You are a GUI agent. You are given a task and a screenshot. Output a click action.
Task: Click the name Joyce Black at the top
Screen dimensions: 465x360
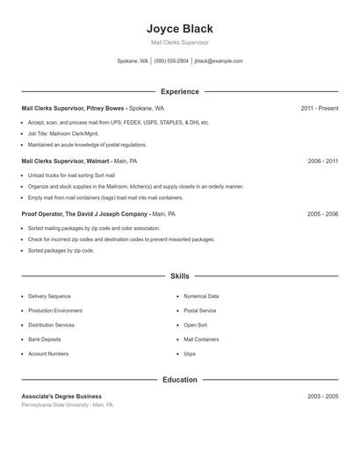coord(180,28)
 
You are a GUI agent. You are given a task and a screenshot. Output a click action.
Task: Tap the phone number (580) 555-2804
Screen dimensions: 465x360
coord(171,61)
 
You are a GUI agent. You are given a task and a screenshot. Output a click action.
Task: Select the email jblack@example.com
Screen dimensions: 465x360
coord(219,61)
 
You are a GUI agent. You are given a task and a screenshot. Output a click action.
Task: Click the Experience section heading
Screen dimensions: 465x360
coord(180,91)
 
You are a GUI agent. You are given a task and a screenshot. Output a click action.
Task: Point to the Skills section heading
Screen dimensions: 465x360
coord(180,275)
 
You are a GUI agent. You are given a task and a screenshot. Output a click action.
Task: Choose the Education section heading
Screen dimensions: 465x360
coord(180,380)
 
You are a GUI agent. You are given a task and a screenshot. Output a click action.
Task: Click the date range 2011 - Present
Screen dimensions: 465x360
coord(319,109)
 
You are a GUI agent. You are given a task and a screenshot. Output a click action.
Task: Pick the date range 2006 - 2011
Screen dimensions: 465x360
coord(322,161)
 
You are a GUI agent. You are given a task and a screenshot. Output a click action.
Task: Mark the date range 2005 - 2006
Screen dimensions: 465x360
coord(322,214)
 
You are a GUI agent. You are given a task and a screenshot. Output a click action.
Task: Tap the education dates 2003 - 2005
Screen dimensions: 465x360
coord(322,397)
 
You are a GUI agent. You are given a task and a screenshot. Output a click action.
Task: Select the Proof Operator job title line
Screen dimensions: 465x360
coord(98,214)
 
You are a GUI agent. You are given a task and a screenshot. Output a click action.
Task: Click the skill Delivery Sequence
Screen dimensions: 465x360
coord(49,297)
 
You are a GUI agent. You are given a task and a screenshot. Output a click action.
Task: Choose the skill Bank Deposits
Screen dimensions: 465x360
coord(45,340)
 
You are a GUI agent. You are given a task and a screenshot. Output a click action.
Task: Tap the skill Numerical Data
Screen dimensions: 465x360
coord(201,297)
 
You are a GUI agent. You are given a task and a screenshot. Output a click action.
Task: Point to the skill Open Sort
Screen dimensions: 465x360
coord(195,325)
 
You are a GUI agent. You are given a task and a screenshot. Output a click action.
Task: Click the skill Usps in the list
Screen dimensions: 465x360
coord(190,354)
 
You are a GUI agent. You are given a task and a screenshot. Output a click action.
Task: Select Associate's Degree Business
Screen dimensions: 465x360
coord(61,397)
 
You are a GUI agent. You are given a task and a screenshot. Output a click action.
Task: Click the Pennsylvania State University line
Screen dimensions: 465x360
coord(67,405)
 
